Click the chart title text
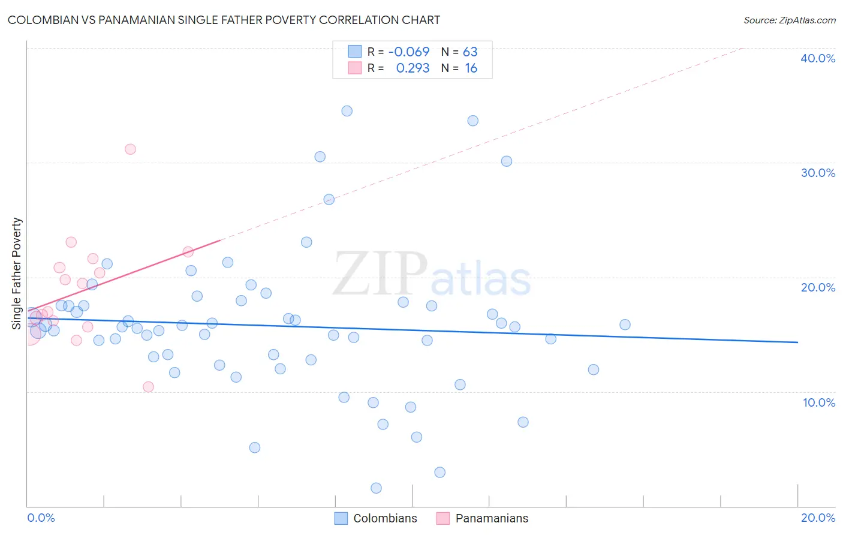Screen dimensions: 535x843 (224, 20)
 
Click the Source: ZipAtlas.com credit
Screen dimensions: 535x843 (789, 20)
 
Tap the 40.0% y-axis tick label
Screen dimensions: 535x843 (818, 58)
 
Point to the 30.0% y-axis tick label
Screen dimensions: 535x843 (818, 173)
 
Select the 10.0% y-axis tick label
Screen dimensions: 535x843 (819, 402)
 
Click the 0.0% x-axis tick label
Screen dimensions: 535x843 (41, 518)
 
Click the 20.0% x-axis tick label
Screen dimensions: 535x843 (818, 518)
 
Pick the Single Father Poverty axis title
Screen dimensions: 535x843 (17, 273)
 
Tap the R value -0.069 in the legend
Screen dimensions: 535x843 (409, 52)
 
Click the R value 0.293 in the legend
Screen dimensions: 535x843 (413, 68)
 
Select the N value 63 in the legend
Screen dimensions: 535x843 (470, 52)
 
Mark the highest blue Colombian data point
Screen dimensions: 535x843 (347, 111)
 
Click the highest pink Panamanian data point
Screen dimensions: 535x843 (130, 149)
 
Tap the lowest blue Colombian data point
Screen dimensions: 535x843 (376, 488)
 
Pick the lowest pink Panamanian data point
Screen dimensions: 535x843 (148, 387)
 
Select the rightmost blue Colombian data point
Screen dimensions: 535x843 (625, 324)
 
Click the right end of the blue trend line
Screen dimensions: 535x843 (797, 342)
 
